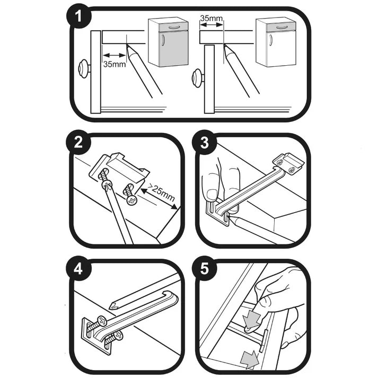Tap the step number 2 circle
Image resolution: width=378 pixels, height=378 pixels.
(78, 144)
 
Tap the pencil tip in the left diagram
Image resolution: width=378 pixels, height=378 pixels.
(128, 47)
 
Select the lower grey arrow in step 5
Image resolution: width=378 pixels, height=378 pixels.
(248, 358)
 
